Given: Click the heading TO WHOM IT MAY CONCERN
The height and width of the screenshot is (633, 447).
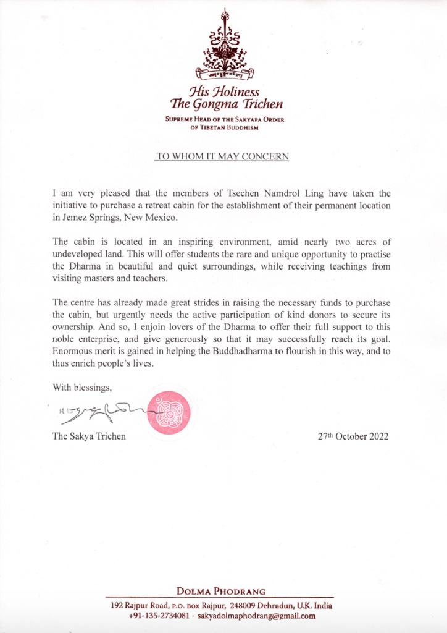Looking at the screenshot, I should (223, 157).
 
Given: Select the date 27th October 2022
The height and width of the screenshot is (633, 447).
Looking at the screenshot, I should (353, 436).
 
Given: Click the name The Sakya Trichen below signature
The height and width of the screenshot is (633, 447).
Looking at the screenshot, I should (90, 436).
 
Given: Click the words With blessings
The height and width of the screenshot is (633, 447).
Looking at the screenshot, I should (81, 388).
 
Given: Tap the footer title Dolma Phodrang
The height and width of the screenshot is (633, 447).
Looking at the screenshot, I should (223, 591).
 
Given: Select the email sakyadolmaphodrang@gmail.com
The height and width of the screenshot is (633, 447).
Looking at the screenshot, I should (265, 616).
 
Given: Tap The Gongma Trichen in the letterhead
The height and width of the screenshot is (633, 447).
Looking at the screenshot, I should (223, 104).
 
